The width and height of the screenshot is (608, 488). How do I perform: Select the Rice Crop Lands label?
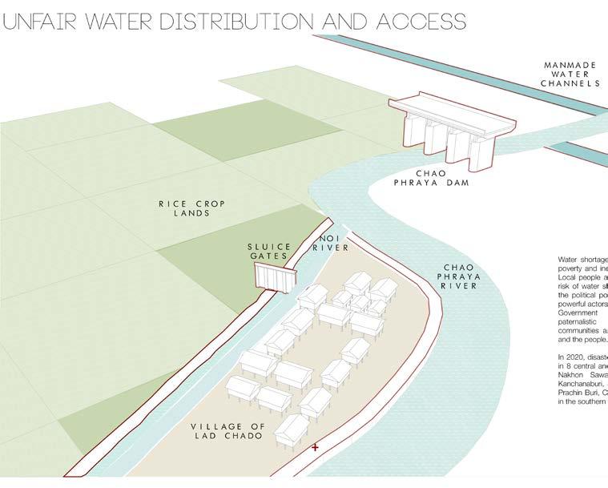(191, 208)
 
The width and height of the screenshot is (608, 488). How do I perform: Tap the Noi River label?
(335, 243)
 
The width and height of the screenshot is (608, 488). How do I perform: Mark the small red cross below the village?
(315, 446)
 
